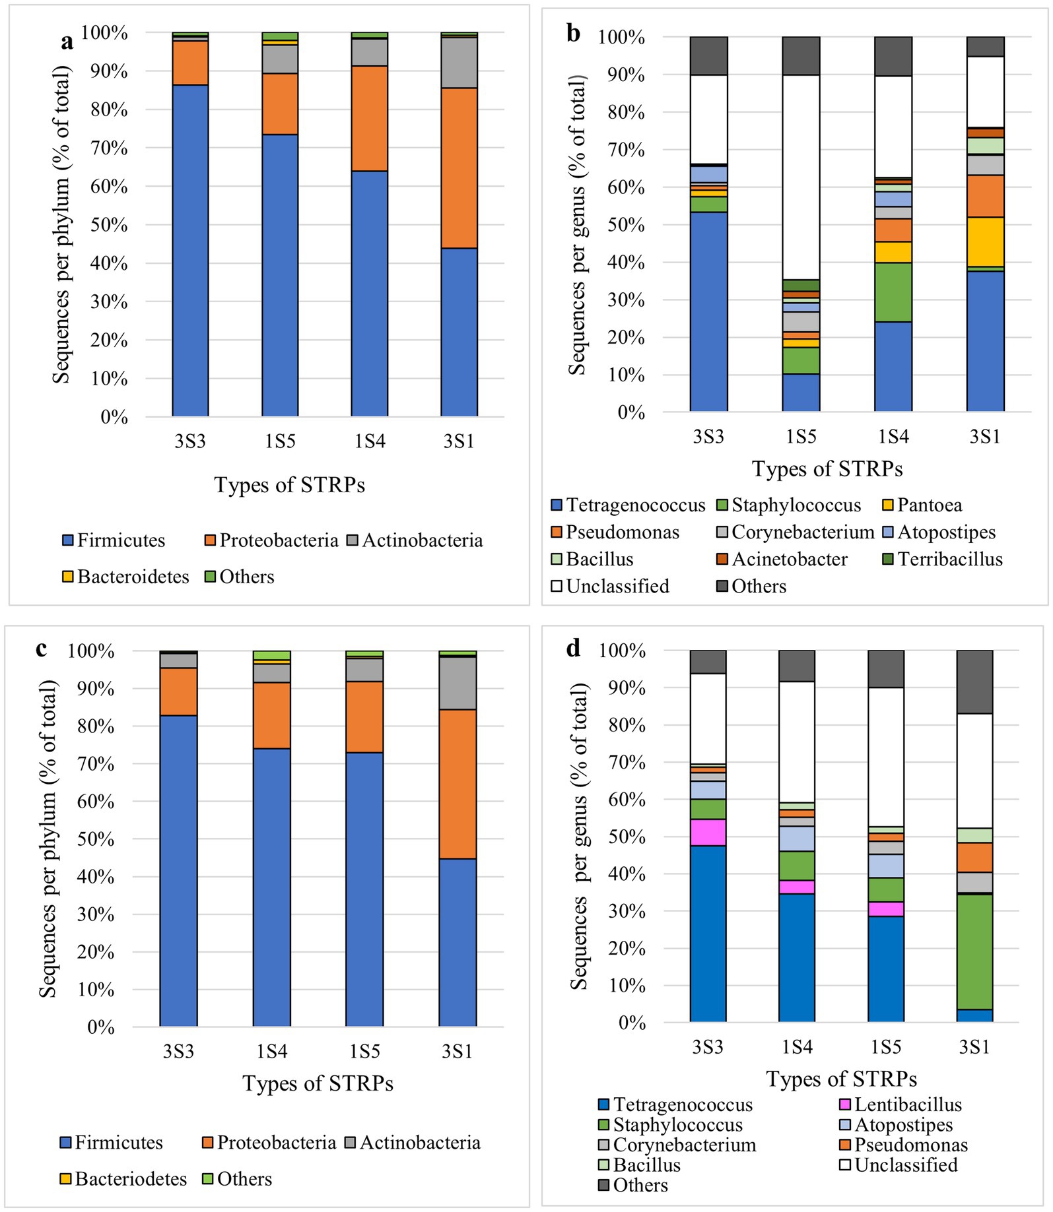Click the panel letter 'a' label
67,42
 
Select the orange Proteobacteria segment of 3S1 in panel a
459,168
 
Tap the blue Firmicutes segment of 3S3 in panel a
190,251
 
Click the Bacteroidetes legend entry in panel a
125,577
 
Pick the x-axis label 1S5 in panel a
280,441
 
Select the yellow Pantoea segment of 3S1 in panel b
985,241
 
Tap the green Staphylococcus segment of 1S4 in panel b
893,292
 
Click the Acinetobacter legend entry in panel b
782,559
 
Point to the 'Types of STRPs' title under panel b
827,469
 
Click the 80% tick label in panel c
96,726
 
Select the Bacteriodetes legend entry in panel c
123,1179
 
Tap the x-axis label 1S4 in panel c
271,1051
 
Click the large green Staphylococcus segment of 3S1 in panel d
974,951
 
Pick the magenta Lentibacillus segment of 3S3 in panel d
708,832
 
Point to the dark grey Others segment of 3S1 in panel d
974,682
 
